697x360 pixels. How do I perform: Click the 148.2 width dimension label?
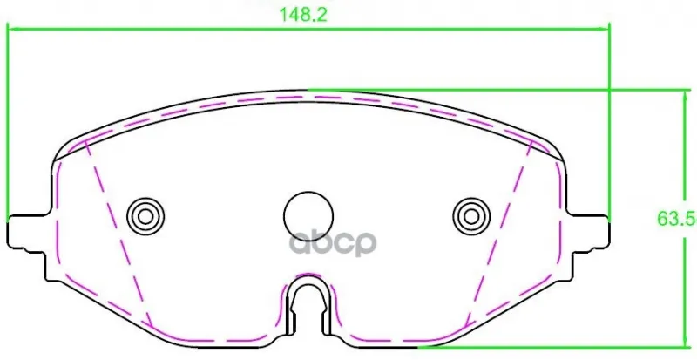[302, 15]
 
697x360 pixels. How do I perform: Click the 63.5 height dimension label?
[676, 219]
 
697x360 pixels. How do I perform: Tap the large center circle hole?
[308, 216]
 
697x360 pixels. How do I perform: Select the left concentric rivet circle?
[145, 217]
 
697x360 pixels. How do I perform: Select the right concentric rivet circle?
[471, 217]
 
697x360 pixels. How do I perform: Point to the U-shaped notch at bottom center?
[308, 307]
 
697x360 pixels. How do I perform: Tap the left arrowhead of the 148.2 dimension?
[13, 30]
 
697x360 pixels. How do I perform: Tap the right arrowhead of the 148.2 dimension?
[604, 30]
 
